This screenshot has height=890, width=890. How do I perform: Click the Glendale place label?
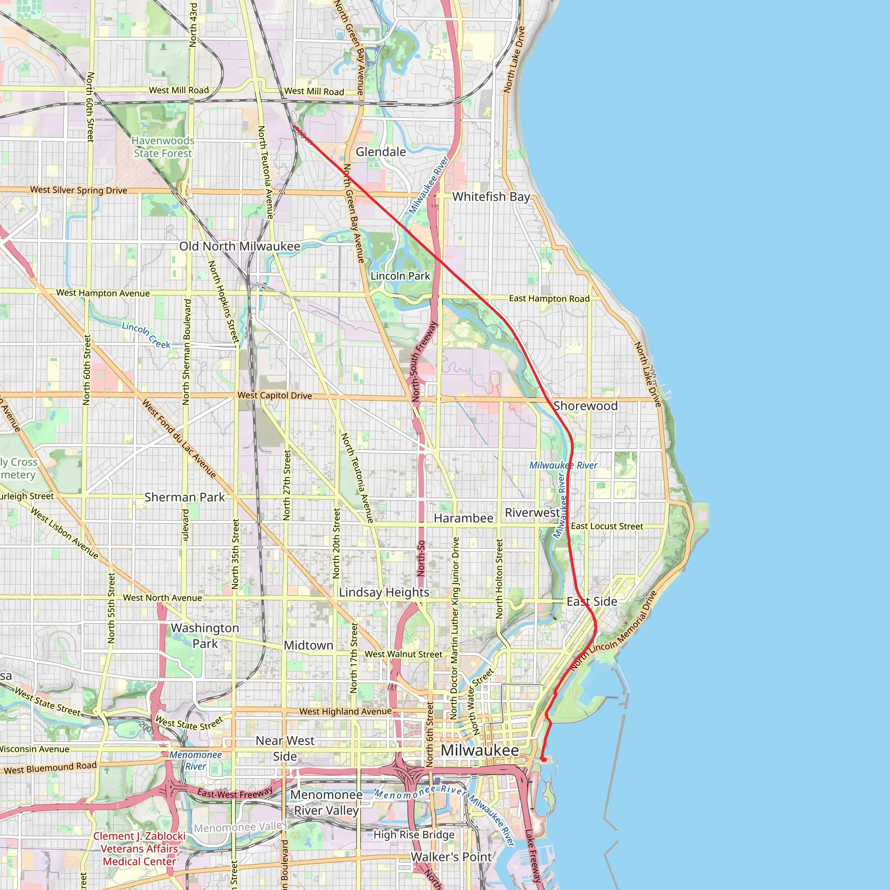(381, 152)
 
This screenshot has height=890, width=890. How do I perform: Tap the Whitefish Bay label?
(491, 197)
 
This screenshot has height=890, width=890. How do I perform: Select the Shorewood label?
(585, 406)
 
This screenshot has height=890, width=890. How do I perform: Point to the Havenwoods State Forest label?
(163, 147)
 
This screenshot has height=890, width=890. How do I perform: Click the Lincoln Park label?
(400, 276)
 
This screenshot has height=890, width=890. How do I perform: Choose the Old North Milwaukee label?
(239, 246)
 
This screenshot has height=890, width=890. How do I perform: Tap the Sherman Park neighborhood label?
(185, 497)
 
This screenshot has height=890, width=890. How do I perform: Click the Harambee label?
(463, 518)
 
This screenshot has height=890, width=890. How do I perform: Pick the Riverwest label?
(532, 513)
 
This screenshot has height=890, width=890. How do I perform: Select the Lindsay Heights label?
(384, 592)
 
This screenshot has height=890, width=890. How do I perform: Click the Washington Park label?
(205, 636)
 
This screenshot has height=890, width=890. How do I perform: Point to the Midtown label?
(309, 645)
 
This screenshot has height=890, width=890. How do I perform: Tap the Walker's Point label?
(452, 857)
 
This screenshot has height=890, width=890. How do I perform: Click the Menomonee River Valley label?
(326, 803)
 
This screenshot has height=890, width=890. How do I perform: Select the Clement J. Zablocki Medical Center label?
(139, 849)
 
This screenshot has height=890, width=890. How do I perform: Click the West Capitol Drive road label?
(275, 395)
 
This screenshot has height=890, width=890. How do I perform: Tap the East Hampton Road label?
(549, 299)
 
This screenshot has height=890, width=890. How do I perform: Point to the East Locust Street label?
(607, 526)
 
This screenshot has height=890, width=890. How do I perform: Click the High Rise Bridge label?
(414, 835)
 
